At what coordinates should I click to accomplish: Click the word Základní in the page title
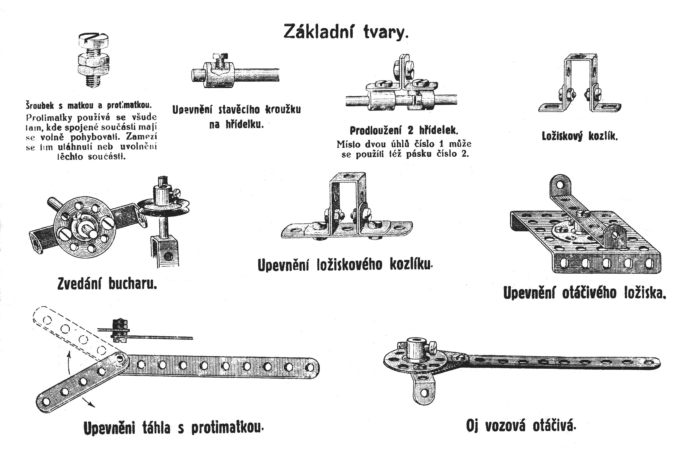(318, 32)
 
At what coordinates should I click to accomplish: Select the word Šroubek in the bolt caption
(40, 105)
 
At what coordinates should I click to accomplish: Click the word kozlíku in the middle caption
(410, 265)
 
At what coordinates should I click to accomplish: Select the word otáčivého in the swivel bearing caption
(589, 293)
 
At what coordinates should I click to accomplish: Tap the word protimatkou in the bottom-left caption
(227, 428)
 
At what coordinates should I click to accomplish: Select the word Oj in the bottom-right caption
(472, 426)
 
